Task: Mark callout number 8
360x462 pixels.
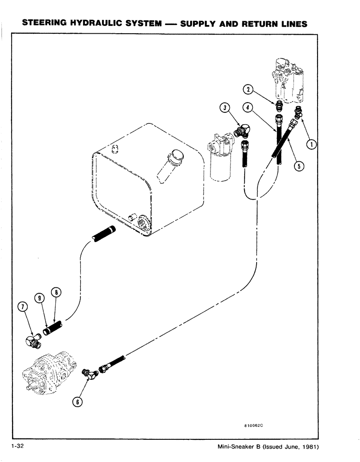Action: click(57, 292)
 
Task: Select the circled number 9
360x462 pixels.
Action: click(40, 298)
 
